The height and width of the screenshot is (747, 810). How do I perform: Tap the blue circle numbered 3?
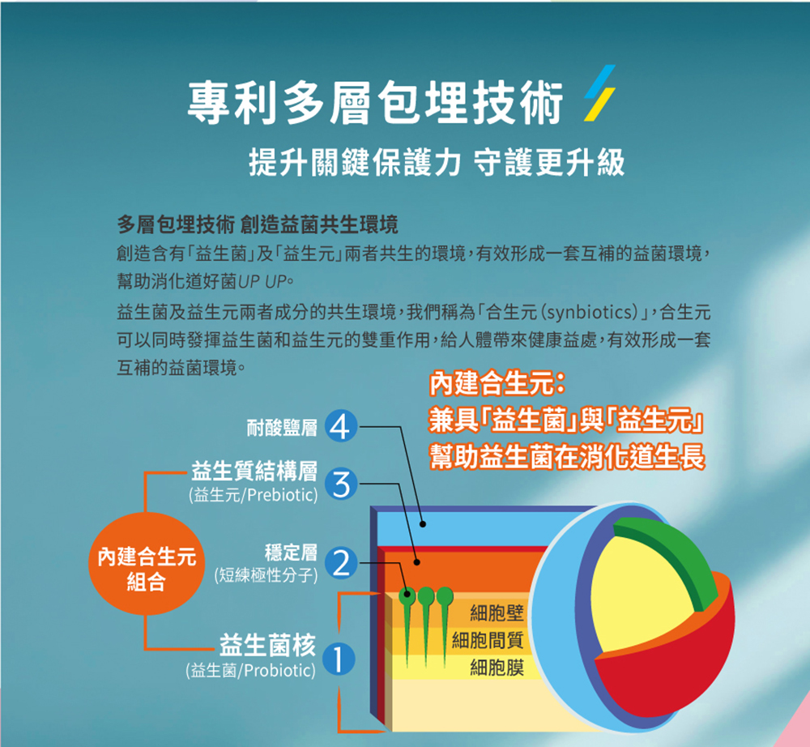pyautogui.click(x=341, y=484)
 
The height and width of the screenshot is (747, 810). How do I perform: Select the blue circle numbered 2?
pyautogui.click(x=341, y=562)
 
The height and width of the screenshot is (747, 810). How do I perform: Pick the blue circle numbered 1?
pyautogui.click(x=339, y=659)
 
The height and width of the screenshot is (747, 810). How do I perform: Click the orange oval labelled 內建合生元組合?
pyautogui.click(x=147, y=564)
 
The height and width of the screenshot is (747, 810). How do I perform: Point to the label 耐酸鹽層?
pyautogui.click(x=282, y=428)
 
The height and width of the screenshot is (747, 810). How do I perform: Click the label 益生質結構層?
pyautogui.click(x=254, y=472)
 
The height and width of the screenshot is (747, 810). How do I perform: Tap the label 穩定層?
pyautogui.click(x=291, y=553)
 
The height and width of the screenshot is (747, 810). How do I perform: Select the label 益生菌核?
pyautogui.click(x=267, y=645)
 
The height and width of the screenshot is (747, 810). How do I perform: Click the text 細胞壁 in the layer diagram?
pyautogui.click(x=497, y=613)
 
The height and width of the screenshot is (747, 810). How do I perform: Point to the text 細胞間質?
pyautogui.click(x=488, y=640)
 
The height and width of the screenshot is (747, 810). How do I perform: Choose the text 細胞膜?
pyautogui.click(x=497, y=668)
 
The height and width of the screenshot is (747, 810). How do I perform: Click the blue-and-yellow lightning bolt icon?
pyautogui.click(x=599, y=93)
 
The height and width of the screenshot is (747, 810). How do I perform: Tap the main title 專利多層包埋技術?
pyautogui.click(x=376, y=103)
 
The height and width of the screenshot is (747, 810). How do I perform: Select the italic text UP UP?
pyautogui.click(x=262, y=282)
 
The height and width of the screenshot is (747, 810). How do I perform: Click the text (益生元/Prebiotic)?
pyautogui.click(x=254, y=495)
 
